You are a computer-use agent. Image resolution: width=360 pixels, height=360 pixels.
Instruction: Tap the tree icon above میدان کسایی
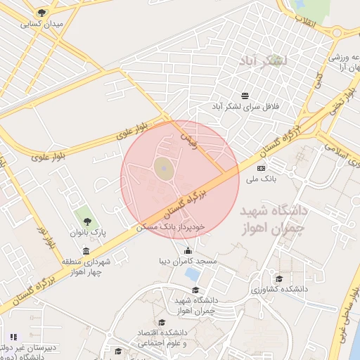tap(41, 13)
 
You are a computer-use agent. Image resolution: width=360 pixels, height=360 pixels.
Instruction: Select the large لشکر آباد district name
tap(264, 61)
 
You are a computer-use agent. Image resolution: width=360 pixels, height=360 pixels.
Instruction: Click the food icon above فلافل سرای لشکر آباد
tap(245, 96)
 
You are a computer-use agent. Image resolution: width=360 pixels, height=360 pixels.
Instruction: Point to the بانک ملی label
tap(262, 179)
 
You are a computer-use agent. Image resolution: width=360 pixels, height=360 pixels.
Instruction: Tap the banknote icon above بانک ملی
tap(262, 168)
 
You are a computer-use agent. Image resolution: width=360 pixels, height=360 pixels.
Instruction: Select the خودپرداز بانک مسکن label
tap(171, 227)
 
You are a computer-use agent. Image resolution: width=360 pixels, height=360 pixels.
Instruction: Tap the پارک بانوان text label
tap(87, 232)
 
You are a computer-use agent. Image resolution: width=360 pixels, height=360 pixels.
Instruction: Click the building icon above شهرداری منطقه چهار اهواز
tap(86, 251)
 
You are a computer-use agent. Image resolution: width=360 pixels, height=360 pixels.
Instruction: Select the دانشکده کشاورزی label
tap(280, 289)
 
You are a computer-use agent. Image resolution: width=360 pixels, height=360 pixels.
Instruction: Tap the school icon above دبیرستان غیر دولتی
tap(13, 337)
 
